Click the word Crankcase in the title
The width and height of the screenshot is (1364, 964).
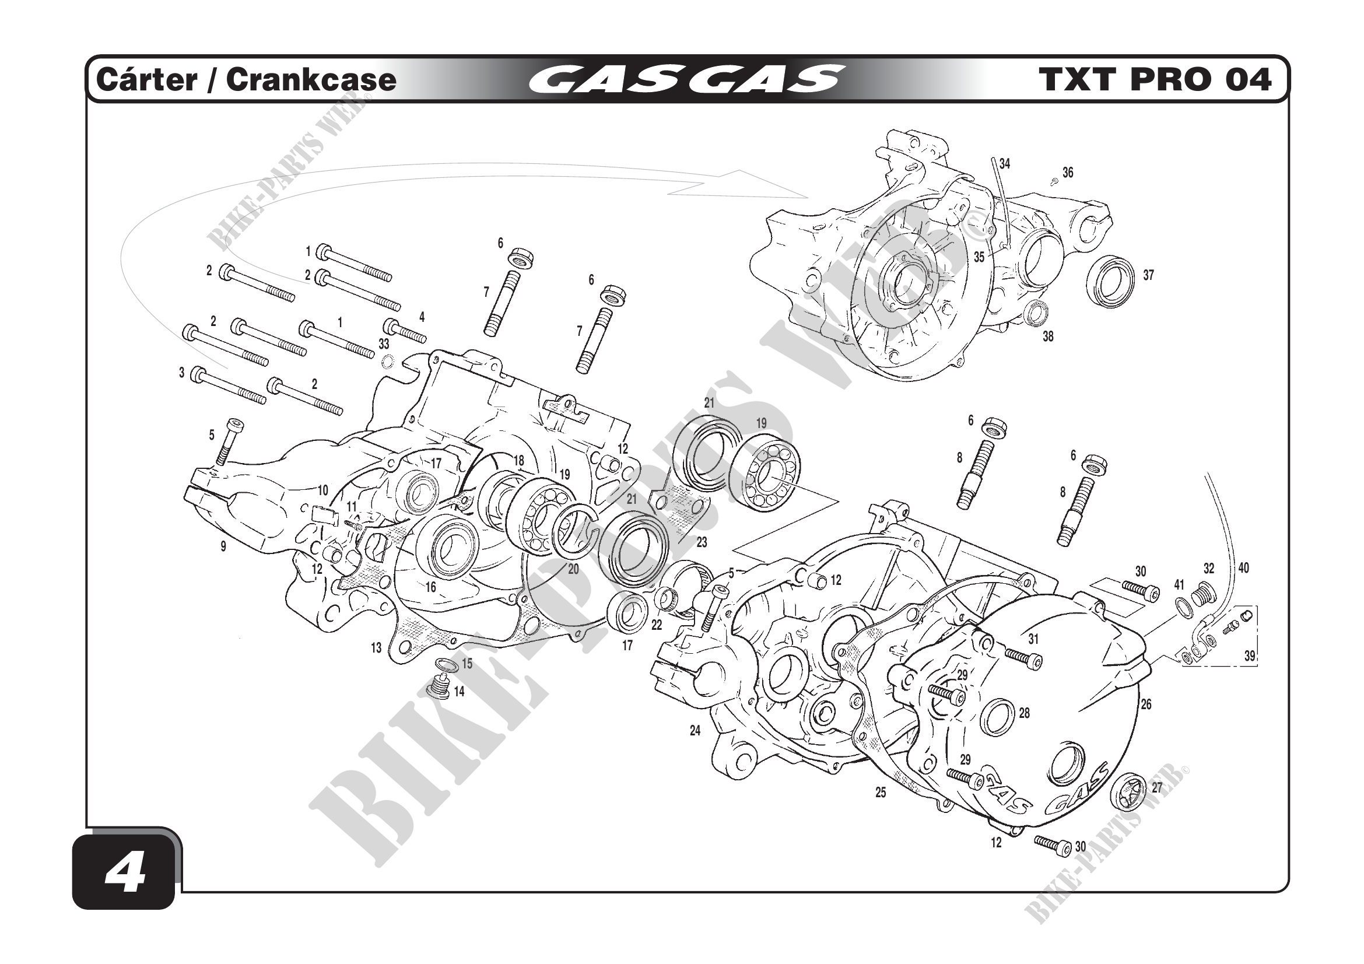coord(311,79)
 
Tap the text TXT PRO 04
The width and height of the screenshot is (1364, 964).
coord(1155,79)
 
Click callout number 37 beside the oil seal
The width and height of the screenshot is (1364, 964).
coord(1149,275)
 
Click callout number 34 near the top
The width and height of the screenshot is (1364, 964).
coord(1005,163)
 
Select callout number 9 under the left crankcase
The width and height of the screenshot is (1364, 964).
coord(223,546)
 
